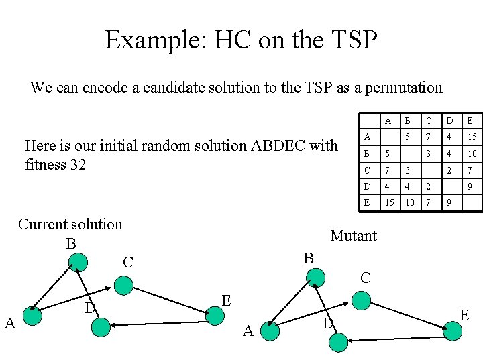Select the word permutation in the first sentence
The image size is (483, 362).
[x=405, y=87]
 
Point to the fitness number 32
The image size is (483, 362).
[x=76, y=164]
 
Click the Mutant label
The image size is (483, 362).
[x=354, y=235]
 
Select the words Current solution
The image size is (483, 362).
[x=70, y=224]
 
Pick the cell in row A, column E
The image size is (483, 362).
[x=471, y=137]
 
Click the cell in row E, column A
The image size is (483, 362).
[x=389, y=202]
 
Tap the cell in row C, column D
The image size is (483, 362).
[x=450, y=170]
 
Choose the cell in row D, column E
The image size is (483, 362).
[x=471, y=186]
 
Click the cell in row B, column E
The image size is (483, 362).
[x=471, y=154]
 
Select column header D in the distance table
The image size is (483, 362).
[x=450, y=121]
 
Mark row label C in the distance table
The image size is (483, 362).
[x=367, y=170]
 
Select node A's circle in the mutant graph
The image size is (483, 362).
[x=270, y=330]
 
